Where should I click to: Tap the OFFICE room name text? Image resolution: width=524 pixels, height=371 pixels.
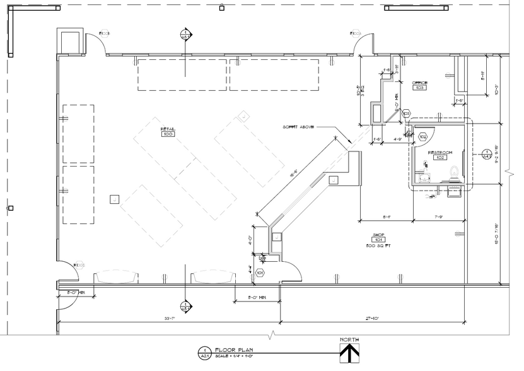[419, 83]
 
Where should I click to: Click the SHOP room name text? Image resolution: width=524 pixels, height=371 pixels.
[379, 235]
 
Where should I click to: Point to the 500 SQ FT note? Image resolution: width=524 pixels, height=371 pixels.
[379, 245]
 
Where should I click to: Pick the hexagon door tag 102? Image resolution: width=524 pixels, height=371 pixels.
[423, 136]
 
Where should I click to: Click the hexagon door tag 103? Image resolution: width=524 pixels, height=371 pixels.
[398, 113]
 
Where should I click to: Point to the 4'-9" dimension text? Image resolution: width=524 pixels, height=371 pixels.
[399, 139]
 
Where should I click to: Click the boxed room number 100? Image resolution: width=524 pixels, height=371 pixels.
[168, 134]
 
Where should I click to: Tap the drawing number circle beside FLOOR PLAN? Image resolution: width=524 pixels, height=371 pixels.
[204, 352]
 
